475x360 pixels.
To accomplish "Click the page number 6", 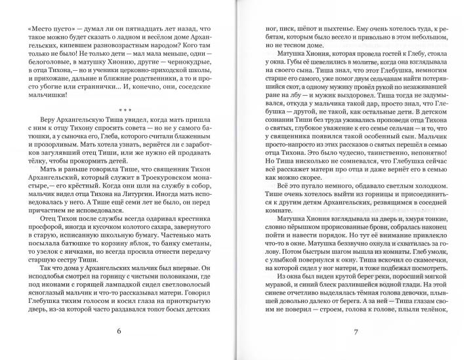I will [x=119, y=331].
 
